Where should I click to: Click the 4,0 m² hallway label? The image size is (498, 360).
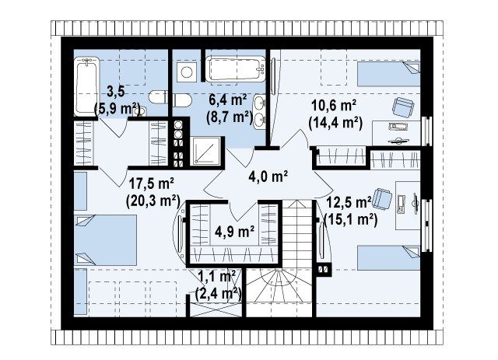coord(268,177)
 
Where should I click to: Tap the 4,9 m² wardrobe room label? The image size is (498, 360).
coord(234,232)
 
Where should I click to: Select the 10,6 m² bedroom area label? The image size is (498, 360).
coord(334,105)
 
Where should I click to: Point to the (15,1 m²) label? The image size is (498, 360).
coord(351,218)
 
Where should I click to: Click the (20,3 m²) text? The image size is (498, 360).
coord(153,201)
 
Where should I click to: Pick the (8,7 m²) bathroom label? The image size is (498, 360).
coord(230,117)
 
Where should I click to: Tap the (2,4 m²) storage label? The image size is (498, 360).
coord(218,294)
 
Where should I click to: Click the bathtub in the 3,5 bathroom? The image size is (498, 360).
coord(86,86)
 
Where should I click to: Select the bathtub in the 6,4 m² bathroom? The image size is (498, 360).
coord(235,68)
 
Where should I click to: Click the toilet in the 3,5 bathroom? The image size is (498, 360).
coord(158,97)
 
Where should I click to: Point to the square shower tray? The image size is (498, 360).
coord(205,151)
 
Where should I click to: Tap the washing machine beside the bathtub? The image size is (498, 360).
coord(187,72)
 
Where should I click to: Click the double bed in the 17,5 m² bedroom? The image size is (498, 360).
coord(106,240)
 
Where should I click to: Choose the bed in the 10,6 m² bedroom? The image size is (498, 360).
coord(388,74)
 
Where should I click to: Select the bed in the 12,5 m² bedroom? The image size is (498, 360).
coord(388,258)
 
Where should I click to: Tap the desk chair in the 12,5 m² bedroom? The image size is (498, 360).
coord(382,199)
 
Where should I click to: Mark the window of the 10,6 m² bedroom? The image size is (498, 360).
coord(426,131)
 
